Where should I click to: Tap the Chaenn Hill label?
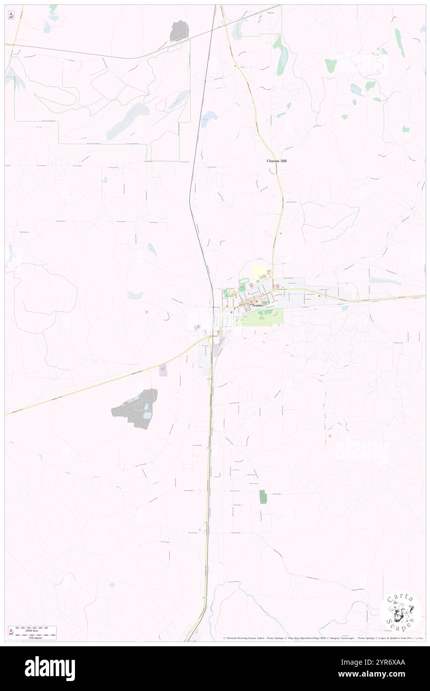[x=277, y=161]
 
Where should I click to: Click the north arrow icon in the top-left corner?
[x=10, y=15]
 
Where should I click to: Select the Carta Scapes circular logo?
[x=400, y=611]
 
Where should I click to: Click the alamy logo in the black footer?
[x=50, y=669]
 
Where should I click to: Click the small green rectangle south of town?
[x=262, y=497]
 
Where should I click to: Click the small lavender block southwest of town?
[x=163, y=370]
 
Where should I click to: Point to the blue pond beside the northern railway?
[x=209, y=117]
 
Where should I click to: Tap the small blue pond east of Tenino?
[x=345, y=308]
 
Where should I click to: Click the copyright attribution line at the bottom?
[x=323, y=638]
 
